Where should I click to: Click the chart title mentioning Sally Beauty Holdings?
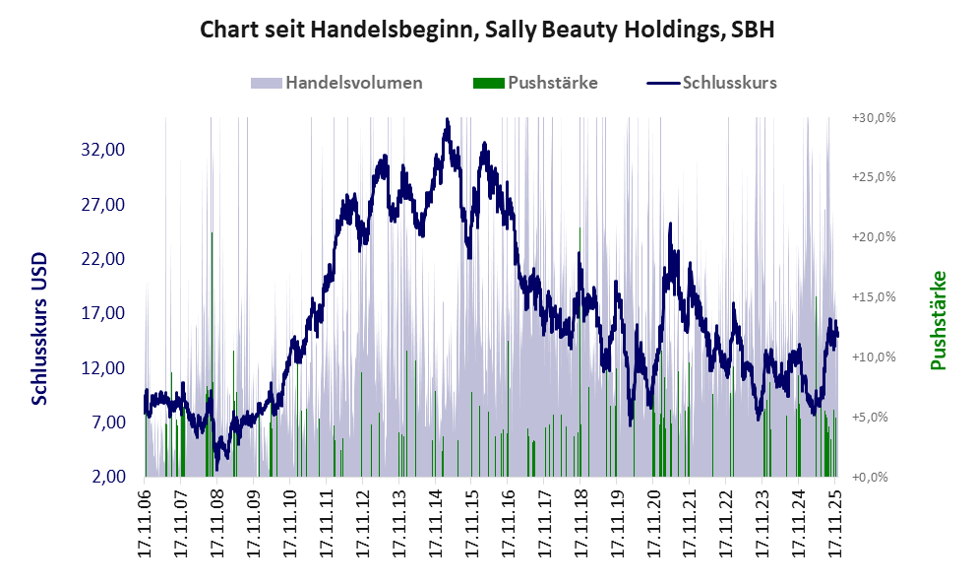pyautogui.click(x=487, y=30)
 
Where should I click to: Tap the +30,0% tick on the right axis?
pyautogui.click(x=873, y=117)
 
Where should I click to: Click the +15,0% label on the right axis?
pyautogui.click(x=873, y=296)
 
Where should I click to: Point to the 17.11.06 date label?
pyautogui.click(x=145, y=522)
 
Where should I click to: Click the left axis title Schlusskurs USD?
pyautogui.click(x=40, y=329)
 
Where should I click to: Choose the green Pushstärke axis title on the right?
pyautogui.click(x=938, y=321)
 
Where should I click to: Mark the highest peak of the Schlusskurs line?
pyautogui.click(x=447, y=120)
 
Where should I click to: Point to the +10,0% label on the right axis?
pyautogui.click(x=873, y=357)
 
